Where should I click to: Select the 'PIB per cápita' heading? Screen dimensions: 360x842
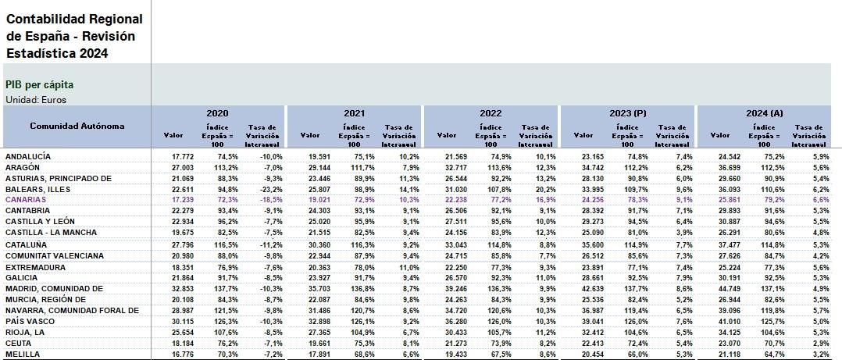(x=40, y=84)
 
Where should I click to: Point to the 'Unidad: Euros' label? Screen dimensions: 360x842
(x=36, y=100)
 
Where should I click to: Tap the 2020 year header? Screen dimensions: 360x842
(x=218, y=113)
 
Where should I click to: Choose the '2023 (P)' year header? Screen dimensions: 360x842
(x=627, y=113)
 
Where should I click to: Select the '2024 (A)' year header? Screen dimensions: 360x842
(x=765, y=113)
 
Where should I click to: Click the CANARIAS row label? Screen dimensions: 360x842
(x=27, y=200)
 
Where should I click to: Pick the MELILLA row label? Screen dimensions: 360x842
(x=23, y=353)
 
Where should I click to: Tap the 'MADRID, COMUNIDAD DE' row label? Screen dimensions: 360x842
(x=54, y=288)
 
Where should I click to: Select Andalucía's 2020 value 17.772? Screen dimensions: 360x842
(x=183, y=157)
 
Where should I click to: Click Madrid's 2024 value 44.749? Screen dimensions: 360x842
(x=730, y=288)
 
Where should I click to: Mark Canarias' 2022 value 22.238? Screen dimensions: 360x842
(x=456, y=200)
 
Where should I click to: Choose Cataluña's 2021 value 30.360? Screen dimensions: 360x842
(x=319, y=244)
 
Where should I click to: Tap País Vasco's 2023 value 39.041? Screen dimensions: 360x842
(x=593, y=320)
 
